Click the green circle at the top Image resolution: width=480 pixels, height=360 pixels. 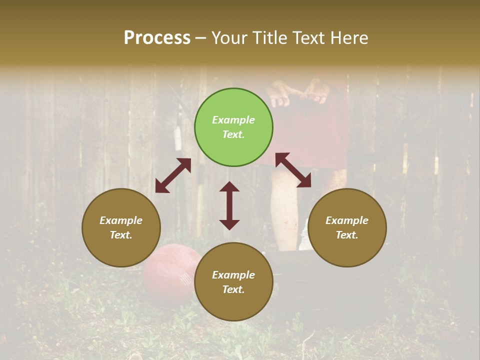[233, 127]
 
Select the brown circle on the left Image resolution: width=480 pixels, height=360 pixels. [121, 227]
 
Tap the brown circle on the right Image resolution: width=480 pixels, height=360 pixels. [347, 227]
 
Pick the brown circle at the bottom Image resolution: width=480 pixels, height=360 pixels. [233, 282]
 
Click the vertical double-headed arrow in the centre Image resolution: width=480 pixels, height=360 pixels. [229, 205]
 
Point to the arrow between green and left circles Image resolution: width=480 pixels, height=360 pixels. [173, 175]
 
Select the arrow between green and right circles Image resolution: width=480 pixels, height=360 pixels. [293, 170]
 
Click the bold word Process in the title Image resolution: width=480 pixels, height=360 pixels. [157, 37]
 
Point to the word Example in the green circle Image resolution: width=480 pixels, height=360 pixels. [233, 120]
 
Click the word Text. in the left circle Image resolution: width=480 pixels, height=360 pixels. [121, 235]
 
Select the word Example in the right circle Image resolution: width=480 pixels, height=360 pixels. [347, 220]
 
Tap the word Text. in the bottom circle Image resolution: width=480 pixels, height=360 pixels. [233, 289]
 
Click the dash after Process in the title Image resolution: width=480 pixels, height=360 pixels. [201, 38]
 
